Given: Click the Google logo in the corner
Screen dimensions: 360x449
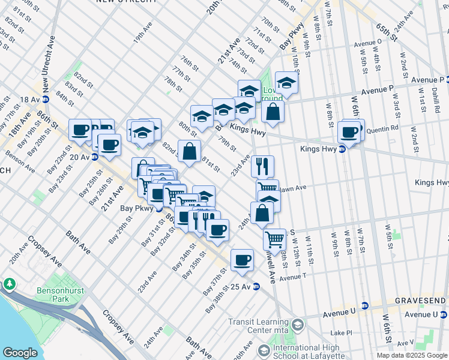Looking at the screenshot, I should pos(20,353).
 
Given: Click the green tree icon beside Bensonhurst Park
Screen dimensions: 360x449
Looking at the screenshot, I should pos(10,283).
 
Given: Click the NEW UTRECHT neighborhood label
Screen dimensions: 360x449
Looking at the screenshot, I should pos(123,2).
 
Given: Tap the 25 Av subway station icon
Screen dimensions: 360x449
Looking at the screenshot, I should pos(256,286).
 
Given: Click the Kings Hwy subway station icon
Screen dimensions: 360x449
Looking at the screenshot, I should pos(342,149).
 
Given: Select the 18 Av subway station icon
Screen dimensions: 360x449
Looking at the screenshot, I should pos(46,99).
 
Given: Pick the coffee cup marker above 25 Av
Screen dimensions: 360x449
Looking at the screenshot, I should pos(242,260).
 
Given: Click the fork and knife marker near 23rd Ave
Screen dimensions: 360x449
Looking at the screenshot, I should pos(262,166).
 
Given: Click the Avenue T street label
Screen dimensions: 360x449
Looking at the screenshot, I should pos(293,277).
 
